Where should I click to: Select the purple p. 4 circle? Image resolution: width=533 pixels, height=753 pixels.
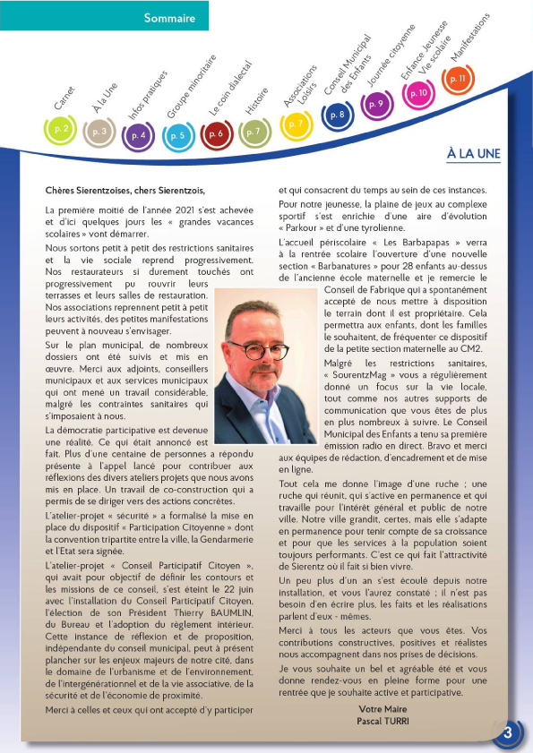(138, 135)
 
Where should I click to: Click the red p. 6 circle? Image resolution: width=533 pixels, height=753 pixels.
(215, 134)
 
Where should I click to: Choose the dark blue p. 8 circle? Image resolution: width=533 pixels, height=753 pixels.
(337, 115)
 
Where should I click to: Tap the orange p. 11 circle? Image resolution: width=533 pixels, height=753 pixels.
(458, 80)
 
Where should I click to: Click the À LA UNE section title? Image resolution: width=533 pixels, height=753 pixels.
(473, 154)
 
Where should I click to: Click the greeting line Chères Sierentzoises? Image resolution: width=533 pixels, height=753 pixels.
(125, 190)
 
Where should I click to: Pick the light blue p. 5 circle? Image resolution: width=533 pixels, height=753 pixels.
(177, 136)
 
